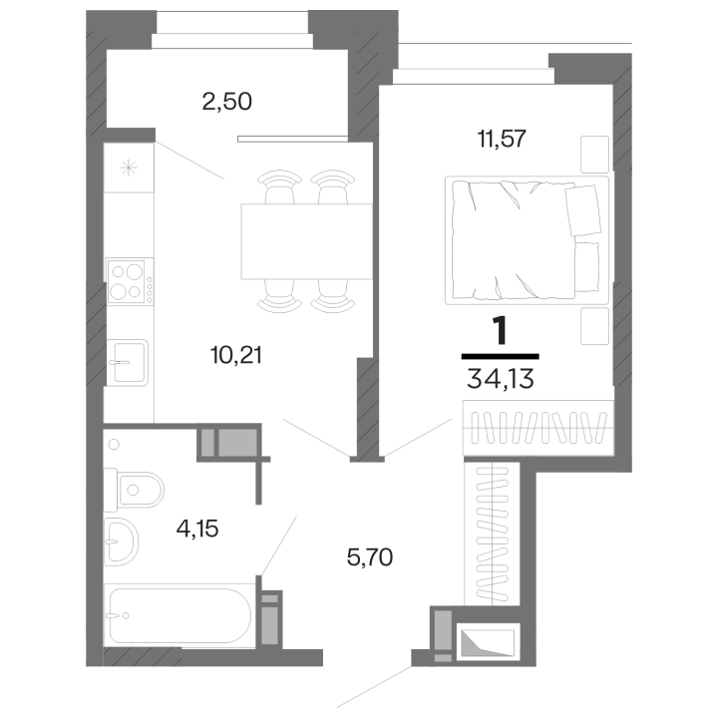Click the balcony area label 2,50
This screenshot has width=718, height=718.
coord(226,102)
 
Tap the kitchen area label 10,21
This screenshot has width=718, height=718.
coord(236,355)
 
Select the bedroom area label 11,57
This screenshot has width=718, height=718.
coord(502,139)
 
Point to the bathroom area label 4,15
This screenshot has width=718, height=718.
coord(197,530)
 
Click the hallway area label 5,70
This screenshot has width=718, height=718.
coord(370,558)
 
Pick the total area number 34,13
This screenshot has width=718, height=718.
coord(500,380)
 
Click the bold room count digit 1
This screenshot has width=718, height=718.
coord(500,331)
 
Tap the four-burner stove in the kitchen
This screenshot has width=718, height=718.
coord(130,281)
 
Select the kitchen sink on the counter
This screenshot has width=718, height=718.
coord(127,362)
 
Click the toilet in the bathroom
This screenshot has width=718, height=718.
coord(134,490)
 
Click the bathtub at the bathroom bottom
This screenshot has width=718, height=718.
coord(179,615)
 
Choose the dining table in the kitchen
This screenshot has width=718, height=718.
coord(307,241)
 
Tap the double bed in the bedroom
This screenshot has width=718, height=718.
coord(527,240)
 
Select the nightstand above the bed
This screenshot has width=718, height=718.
coord(594,155)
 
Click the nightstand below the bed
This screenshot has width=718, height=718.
coord(594,326)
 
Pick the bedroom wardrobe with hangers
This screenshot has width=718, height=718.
coord(538,428)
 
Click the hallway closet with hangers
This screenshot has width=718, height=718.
coord(492,534)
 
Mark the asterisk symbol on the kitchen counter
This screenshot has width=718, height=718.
coord(129,169)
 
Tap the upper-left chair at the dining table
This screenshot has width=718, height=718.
coord(280,186)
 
